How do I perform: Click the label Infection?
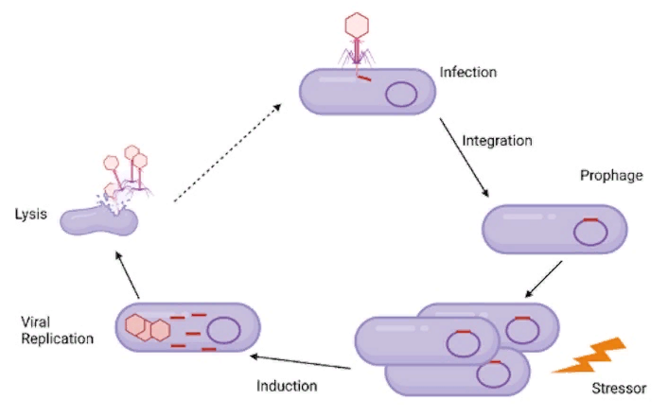tap(468, 72)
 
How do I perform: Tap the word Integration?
tap(497, 140)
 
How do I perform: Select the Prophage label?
tap(611, 176)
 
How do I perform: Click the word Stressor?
tap(619, 389)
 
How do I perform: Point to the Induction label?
tap(287, 386)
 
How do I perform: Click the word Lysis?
tap(31, 215)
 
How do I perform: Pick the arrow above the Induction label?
tap(301, 363)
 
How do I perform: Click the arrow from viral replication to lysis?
tap(127, 275)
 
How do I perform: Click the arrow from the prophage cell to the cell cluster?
tap(544, 279)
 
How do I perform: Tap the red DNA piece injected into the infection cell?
tap(364, 78)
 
